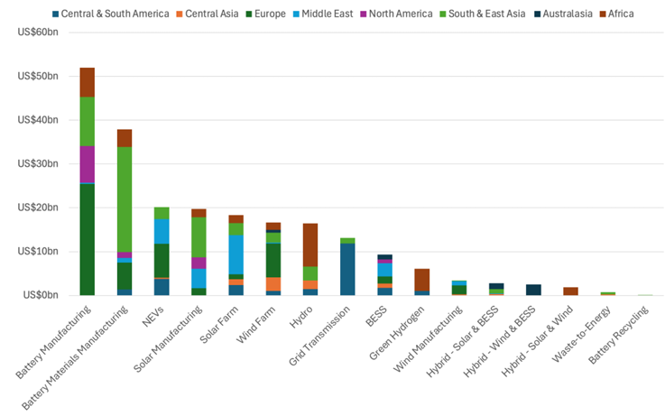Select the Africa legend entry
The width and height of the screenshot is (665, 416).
coord(622,14)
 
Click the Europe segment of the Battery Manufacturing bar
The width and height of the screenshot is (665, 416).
coord(87,239)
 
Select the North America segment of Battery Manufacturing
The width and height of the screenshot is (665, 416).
coord(87,164)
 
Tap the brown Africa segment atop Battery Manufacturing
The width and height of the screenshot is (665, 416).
coord(87,82)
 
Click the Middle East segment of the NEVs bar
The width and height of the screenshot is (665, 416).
coord(162,231)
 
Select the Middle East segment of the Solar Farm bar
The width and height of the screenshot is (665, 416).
coord(236,254)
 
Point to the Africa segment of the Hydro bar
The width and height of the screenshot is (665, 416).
coord(310,245)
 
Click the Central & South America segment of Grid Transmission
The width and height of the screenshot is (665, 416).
coord(347,269)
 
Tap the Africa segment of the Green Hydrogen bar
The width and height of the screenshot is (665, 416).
coord(421,280)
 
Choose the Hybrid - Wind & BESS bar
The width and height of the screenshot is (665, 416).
coord(533,290)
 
